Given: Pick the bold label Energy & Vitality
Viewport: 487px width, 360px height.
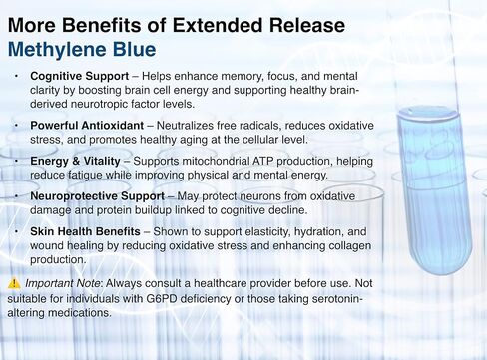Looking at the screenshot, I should (80, 161).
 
